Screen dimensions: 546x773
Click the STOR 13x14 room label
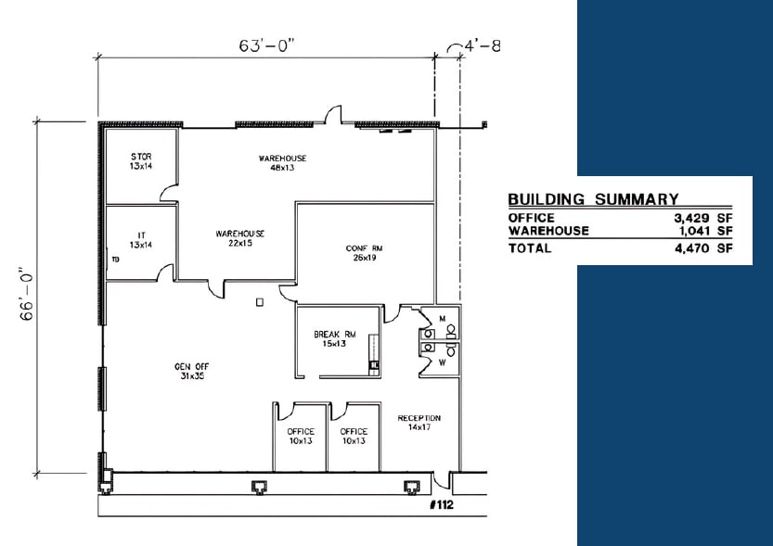[x=141, y=161]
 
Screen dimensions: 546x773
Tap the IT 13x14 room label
[x=141, y=239]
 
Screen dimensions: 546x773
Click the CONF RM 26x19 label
[x=358, y=253]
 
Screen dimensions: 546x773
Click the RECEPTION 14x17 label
[x=419, y=424]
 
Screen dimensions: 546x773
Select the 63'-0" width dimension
[x=265, y=43]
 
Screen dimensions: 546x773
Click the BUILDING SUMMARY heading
[x=593, y=198]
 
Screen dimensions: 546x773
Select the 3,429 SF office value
[x=702, y=218]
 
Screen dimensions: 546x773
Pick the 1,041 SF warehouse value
[x=702, y=230]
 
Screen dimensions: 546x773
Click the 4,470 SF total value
[x=702, y=248]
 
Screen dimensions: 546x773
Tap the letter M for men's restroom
[x=443, y=318]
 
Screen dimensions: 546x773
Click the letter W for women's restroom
[x=443, y=362]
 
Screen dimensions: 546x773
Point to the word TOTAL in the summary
[x=530, y=248]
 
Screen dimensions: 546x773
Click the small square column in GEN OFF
[x=261, y=300]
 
